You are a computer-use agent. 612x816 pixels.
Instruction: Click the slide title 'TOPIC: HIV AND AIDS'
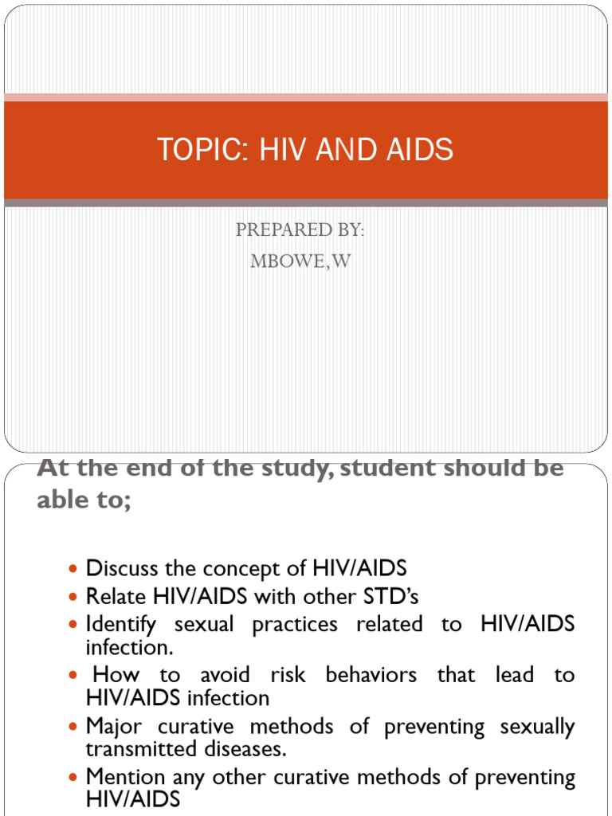305,150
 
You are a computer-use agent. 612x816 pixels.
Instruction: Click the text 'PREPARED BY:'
300,230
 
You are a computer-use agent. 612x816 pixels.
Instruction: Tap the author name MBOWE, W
300,261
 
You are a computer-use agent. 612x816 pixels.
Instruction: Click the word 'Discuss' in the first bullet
122,569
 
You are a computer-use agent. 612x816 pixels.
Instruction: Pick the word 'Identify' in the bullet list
121,624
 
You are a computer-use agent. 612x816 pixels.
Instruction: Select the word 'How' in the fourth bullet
116,675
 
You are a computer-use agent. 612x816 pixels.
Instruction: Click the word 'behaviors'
371,675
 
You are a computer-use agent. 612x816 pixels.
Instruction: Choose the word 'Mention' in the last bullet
126,777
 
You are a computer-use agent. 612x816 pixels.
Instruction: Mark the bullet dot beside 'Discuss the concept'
74,570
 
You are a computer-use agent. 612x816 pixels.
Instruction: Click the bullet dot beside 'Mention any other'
74,777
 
